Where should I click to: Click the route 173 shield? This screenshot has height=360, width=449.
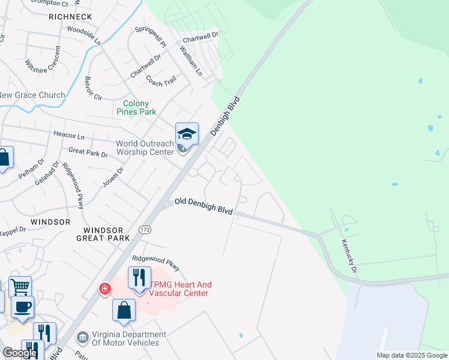tap(145, 229)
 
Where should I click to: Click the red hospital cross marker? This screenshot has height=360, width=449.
tap(105, 289)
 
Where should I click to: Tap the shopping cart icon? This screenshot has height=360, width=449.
tap(20, 287)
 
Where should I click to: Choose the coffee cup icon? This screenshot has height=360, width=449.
tap(23, 307)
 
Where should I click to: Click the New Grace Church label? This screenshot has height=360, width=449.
tap(32, 95)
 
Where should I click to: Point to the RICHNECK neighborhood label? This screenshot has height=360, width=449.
tap(70, 16)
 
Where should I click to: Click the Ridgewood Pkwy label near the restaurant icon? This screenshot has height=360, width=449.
tap(156, 263)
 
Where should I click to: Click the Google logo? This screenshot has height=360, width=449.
tap(20, 353)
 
